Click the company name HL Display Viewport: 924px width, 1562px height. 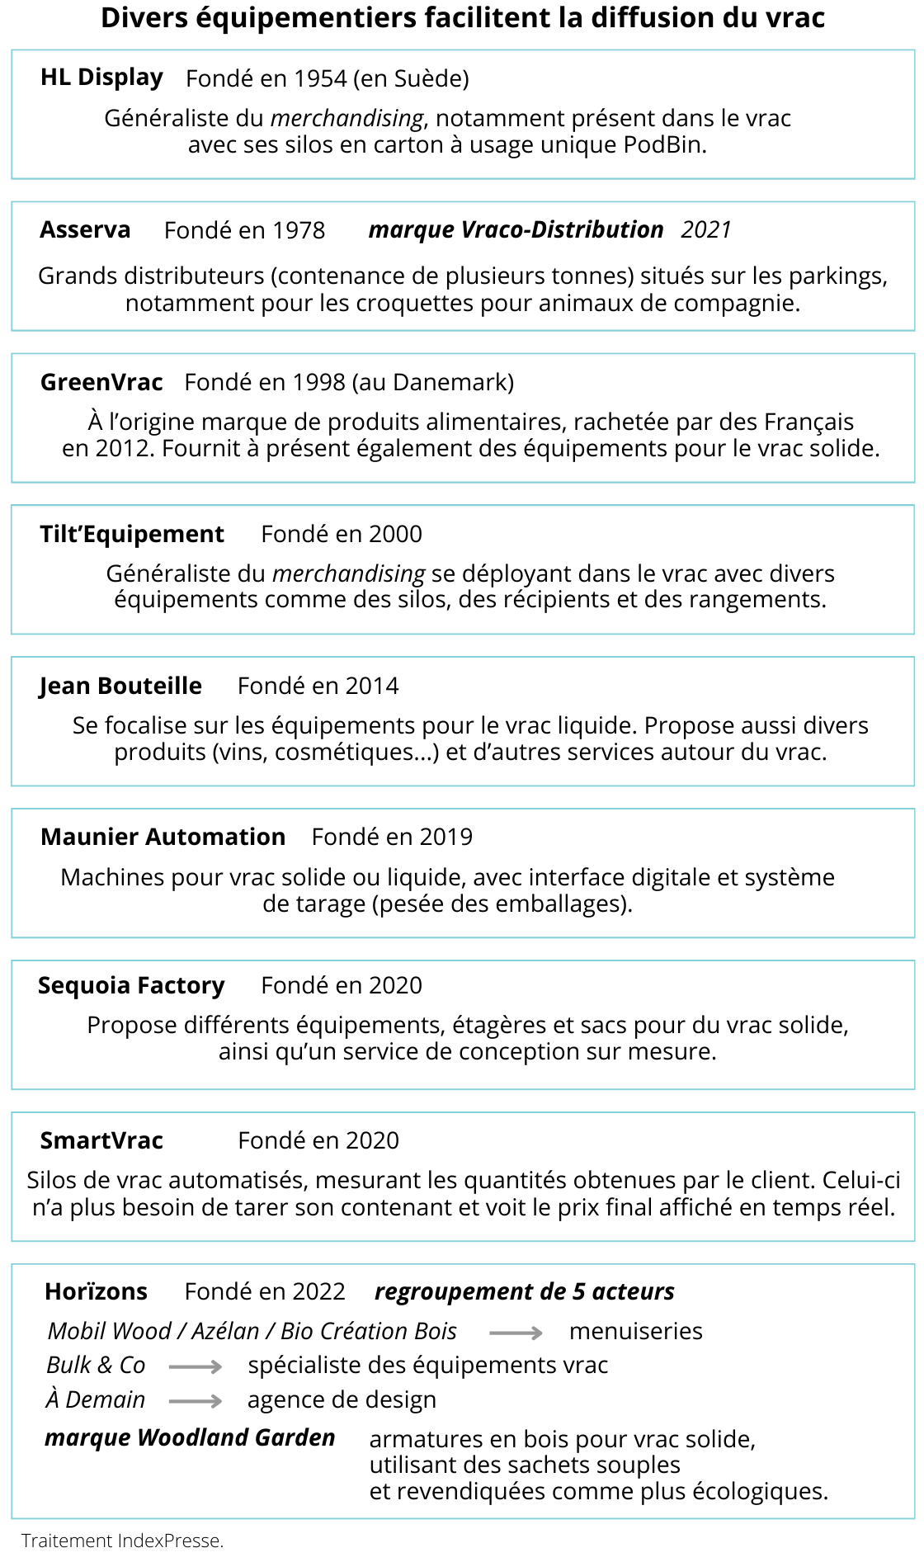[101, 78]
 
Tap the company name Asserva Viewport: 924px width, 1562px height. [85, 229]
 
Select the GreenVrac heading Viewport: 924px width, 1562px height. [101, 382]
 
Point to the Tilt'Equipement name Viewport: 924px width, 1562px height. [132, 534]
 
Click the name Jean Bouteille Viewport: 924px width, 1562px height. [120, 686]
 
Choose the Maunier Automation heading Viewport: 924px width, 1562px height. [163, 837]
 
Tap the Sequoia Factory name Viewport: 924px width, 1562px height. [131, 985]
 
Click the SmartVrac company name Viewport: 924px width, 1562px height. [101, 1140]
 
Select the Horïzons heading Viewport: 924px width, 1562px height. [96, 1291]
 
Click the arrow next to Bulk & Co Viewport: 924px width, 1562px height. [196, 1367]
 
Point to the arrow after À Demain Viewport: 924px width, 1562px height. [196, 1401]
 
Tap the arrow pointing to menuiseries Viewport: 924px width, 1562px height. [516, 1333]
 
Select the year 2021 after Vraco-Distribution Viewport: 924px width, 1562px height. [706, 229]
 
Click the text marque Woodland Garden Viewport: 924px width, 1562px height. [190, 1437]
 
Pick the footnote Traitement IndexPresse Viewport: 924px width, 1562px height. [122, 1541]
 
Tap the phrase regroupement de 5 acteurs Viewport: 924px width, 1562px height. [525, 1291]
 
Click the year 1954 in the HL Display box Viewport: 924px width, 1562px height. [321, 78]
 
